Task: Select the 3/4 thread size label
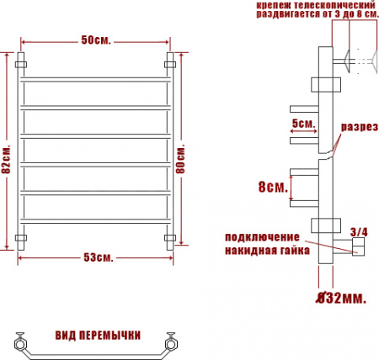coord(358,231)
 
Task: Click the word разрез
coord(357,127)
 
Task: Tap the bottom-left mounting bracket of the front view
coord(23,240)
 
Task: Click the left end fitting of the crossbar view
coord(20,342)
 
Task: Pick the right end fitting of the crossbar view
coord(173,342)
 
